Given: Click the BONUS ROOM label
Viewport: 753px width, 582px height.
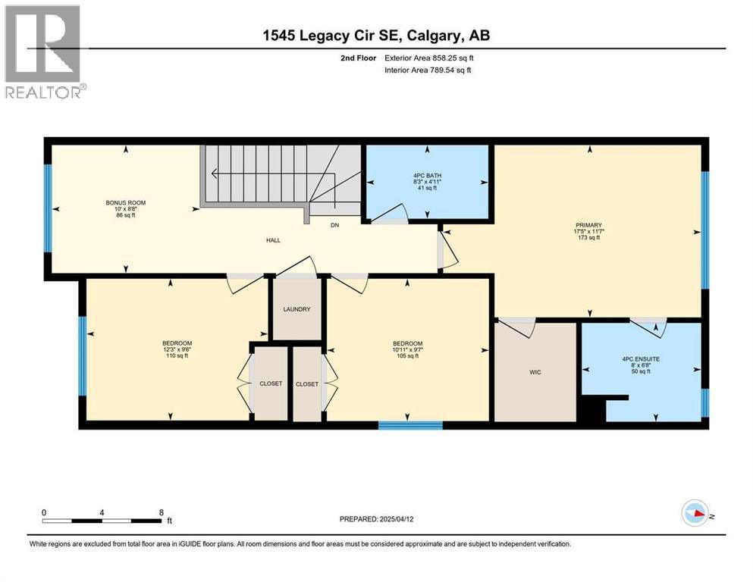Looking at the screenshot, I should click(x=125, y=203).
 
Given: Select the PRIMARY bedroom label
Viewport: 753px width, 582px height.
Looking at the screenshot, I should click(x=588, y=225).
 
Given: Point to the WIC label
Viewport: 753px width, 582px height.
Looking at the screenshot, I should click(x=535, y=372).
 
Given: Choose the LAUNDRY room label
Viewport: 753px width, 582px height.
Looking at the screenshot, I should click(x=297, y=309).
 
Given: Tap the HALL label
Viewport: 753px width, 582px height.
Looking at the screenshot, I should click(x=273, y=240).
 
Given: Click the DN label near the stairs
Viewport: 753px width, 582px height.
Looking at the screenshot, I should click(x=334, y=225).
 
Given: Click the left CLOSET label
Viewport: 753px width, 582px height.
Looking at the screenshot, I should click(x=270, y=383).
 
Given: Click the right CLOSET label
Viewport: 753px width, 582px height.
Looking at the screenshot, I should click(x=307, y=383).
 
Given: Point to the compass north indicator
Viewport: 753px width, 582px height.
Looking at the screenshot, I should click(x=695, y=514).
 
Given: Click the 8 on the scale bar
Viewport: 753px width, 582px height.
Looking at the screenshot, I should click(x=161, y=512).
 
